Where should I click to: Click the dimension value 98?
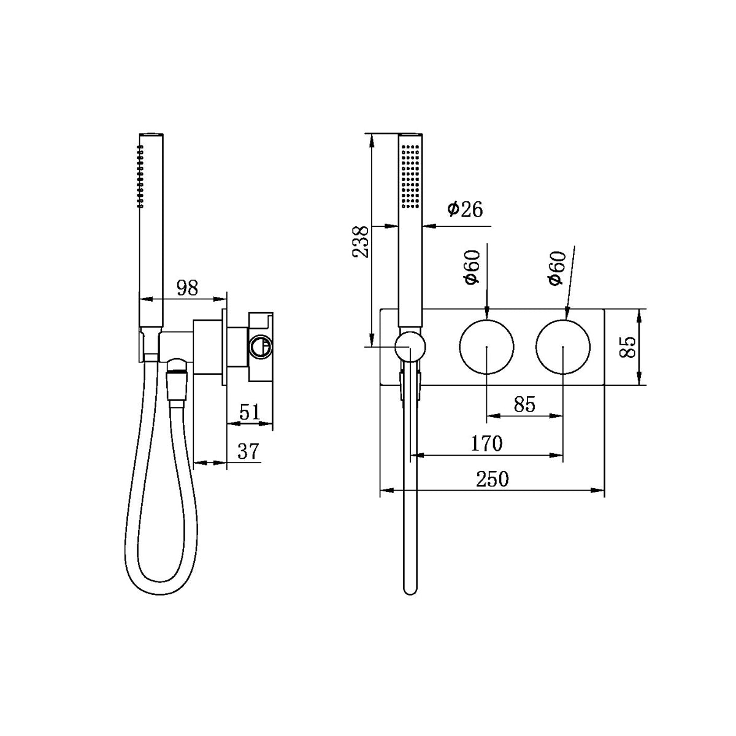click(x=187, y=288)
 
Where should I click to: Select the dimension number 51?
click(x=248, y=412)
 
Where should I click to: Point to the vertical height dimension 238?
click(x=361, y=242)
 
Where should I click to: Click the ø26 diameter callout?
click(x=465, y=210)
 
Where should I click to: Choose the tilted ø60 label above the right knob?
click(x=556, y=269)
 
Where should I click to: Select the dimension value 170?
click(x=486, y=443)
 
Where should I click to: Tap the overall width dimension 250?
click(x=493, y=478)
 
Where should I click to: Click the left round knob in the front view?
click(x=486, y=347)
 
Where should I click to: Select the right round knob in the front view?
click(x=563, y=347)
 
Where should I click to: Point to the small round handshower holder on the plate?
click(x=410, y=347)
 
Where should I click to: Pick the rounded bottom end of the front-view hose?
click(x=410, y=589)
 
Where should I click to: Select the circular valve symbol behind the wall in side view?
click(x=259, y=347)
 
